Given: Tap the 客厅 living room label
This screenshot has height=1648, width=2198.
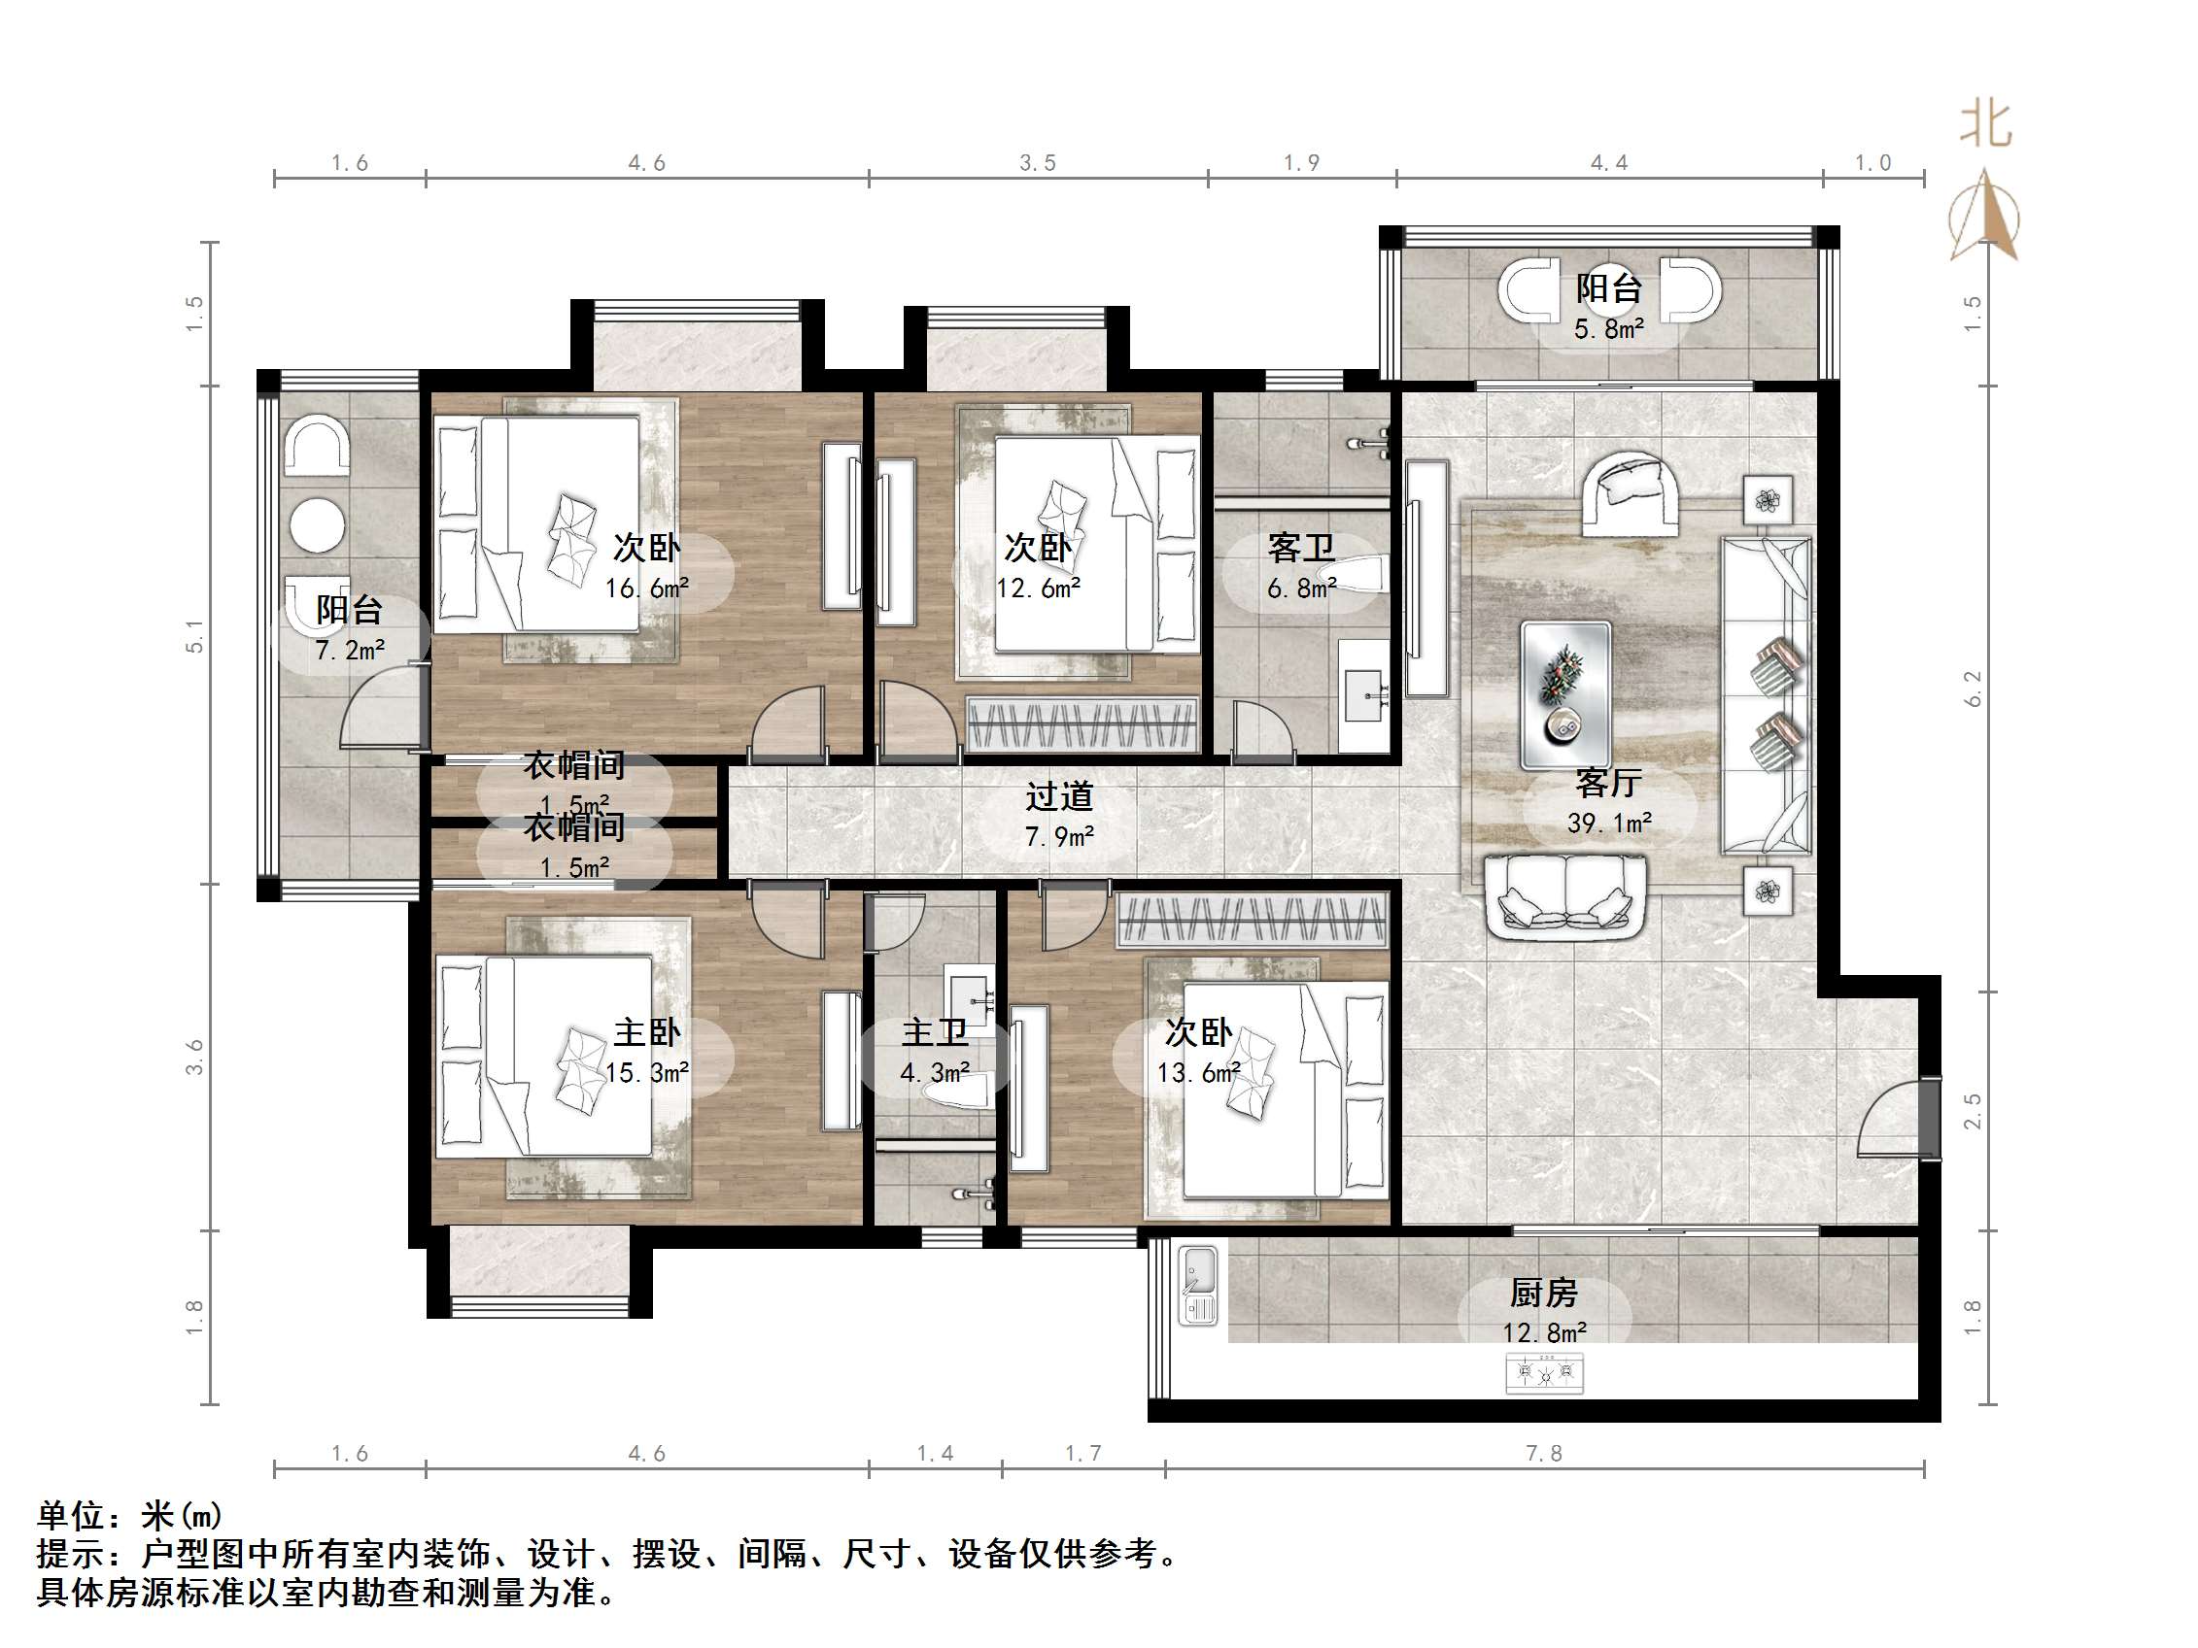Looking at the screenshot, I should click(1608, 784).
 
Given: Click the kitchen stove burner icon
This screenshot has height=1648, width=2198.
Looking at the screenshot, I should click(1544, 1375).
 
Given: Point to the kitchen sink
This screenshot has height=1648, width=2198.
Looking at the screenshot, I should click(1197, 1287).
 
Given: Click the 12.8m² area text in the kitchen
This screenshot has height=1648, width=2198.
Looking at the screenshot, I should click(1544, 1332).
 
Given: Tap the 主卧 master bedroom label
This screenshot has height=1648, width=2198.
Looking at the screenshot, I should click(647, 1033).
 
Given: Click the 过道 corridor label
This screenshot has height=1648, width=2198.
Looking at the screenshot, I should click(1059, 796).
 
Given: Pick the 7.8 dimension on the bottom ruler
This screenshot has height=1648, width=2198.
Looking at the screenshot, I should click(1544, 1454).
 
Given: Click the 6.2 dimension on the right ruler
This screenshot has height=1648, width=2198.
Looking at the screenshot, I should click(1974, 689).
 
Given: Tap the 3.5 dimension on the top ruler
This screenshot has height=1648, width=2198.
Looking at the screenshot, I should click(1038, 163).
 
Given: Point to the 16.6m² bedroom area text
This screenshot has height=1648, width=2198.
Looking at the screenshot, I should click(647, 589).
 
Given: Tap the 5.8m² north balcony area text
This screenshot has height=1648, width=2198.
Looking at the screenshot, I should click(1609, 329).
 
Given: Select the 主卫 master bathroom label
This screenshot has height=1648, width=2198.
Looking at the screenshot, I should click(934, 1033).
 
